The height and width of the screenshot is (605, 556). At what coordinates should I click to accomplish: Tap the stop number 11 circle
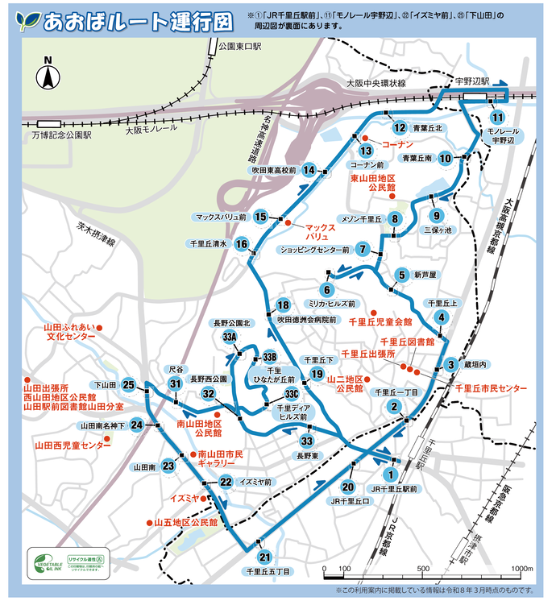(x=498, y=116)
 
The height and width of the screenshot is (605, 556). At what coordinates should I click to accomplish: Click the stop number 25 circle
(x=128, y=385)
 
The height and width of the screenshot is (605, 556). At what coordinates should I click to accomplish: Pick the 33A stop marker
(x=229, y=337)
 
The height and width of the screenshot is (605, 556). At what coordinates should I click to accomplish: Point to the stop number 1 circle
(x=391, y=474)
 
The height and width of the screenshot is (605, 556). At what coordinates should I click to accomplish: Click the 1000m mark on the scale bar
(x=517, y=569)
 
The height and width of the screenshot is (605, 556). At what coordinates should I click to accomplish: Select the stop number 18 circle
(x=282, y=305)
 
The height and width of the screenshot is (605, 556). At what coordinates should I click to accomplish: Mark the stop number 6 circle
(x=326, y=289)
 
